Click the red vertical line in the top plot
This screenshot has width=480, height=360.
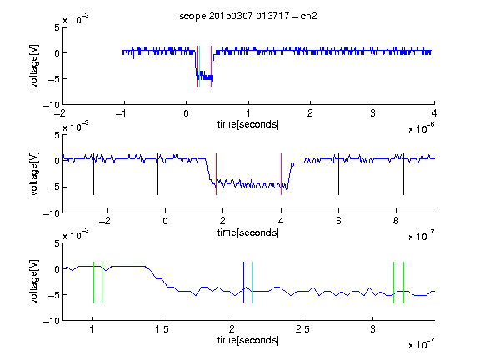coord(197,67)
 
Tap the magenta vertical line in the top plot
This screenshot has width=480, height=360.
coord(211,67)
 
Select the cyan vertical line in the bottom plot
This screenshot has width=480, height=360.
coord(252,282)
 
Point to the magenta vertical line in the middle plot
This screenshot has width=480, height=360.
coord(282,174)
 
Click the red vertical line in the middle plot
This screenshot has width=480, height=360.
coord(216,174)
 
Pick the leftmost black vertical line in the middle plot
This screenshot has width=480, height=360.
coord(93,174)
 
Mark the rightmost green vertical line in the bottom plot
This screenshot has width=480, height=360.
coord(404,282)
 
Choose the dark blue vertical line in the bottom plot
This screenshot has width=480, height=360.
coord(243,282)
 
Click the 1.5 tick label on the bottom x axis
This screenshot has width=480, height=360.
coord(162,329)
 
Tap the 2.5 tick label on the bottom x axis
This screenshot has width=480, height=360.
coord(302,329)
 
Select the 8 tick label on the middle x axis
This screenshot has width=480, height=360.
coord(396,221)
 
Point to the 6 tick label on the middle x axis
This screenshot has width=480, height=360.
coord(338,221)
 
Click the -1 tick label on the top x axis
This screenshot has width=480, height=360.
coord(121,113)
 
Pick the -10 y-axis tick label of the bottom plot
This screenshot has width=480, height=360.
coord(52,321)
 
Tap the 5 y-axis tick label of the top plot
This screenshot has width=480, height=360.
coord(57,27)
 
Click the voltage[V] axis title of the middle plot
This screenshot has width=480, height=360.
coord(35,174)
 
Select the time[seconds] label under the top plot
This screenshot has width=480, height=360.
coord(248,125)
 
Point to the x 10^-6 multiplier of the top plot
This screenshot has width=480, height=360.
coord(421,128)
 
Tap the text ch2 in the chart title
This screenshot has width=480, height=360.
coord(308,16)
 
